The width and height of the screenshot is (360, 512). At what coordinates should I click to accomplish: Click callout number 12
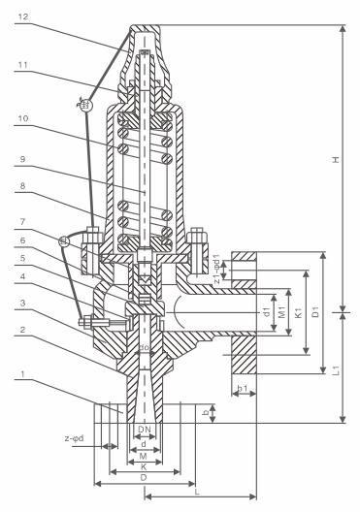click(x=23, y=16)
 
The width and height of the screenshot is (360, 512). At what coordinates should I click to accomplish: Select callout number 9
click(x=22, y=159)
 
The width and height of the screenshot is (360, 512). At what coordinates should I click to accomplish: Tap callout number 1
click(x=22, y=374)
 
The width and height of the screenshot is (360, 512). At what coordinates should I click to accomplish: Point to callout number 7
click(x=22, y=222)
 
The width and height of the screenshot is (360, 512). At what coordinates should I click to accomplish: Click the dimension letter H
click(x=335, y=160)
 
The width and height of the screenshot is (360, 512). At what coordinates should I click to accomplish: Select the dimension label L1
click(x=337, y=370)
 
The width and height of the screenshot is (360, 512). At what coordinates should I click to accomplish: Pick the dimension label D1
click(x=315, y=312)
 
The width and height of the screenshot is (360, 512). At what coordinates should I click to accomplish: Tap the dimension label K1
click(x=298, y=313)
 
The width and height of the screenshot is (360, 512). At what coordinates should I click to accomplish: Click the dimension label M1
click(x=282, y=313)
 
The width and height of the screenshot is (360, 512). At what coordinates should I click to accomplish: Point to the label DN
click(x=144, y=430)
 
